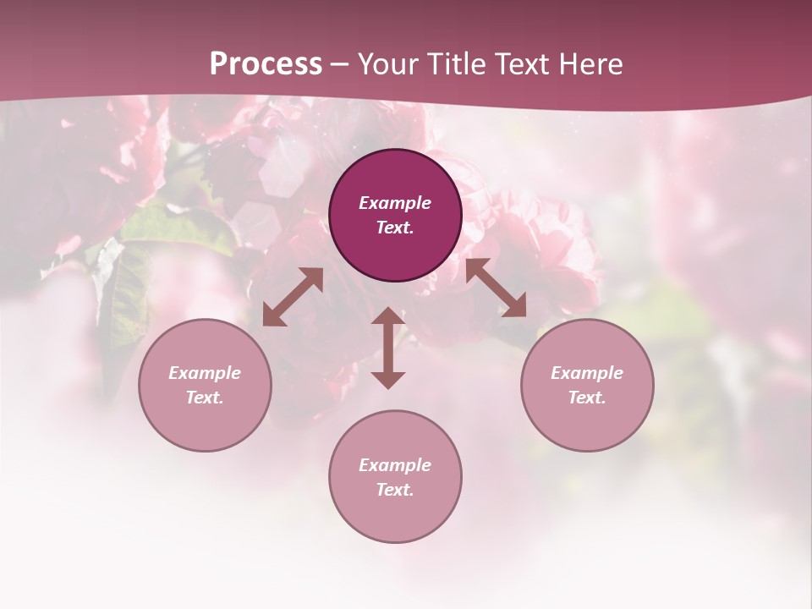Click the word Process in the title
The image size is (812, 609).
266,64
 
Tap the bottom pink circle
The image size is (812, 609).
395,516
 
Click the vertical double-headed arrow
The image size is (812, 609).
388,348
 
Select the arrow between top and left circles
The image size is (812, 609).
293,297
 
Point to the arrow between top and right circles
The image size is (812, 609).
496,288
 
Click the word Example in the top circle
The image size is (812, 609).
395,203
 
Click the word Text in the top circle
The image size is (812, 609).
395,228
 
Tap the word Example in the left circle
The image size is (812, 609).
205,373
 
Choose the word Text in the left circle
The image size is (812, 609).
205,398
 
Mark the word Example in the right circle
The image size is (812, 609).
587,373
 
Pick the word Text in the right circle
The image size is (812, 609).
587,398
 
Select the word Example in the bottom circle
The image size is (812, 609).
395,465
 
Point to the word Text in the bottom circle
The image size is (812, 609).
395,490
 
